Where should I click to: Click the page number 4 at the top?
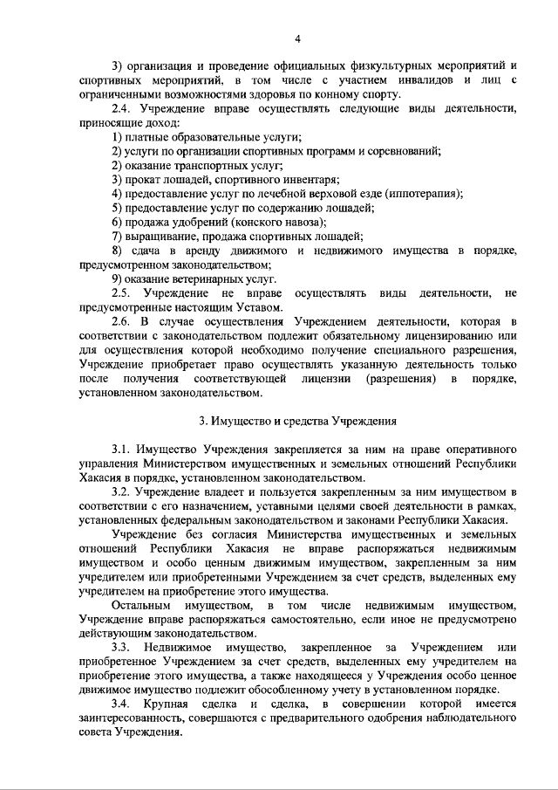coord(297,39)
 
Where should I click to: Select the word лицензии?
coord(327,378)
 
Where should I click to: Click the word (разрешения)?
coord(399,378)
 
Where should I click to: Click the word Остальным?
coord(141,605)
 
